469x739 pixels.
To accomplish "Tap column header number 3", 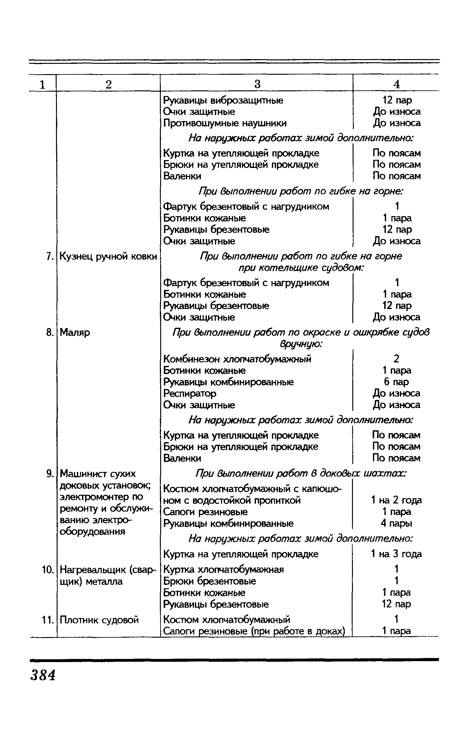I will tap(257, 84).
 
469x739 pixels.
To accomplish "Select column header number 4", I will tap(396, 84).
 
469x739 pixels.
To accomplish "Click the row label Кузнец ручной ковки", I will tap(108, 257).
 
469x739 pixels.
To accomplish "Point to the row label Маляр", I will tap(75, 332).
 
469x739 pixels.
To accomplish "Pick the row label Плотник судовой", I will tap(99, 620).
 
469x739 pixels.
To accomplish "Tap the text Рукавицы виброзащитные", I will tap(223, 100).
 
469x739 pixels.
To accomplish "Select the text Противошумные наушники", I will tap(225, 123).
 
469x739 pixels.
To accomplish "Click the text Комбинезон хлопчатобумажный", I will tap(237, 359).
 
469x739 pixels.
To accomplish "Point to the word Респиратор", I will tap(190, 393).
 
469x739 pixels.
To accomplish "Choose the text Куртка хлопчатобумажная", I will tap(224, 569).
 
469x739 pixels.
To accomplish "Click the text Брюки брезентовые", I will tap(210, 581).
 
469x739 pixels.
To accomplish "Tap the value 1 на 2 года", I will tap(396, 500).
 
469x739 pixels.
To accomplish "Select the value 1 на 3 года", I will tap(396, 554).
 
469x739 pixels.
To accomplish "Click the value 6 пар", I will tap(396, 382).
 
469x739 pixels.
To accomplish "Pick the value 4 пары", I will tap(396, 523).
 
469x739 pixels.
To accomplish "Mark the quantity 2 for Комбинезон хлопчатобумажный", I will tap(396, 359).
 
